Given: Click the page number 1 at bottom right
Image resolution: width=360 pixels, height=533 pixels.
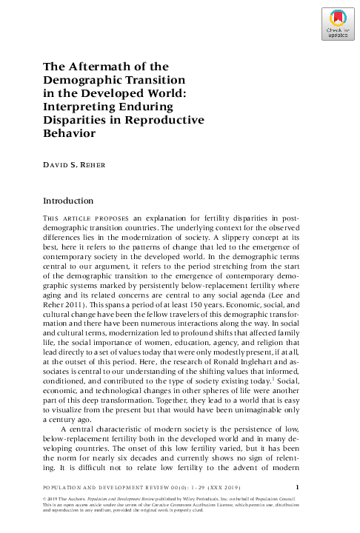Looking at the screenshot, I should click(297, 486).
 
